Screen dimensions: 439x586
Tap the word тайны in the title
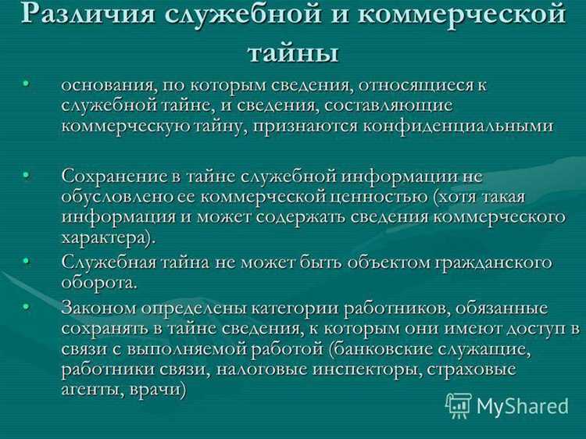coord(293,52)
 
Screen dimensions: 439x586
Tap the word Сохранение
coord(112,176)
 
